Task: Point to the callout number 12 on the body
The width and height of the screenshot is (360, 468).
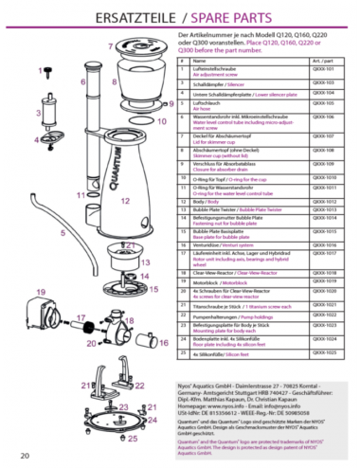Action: click(x=126, y=201)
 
